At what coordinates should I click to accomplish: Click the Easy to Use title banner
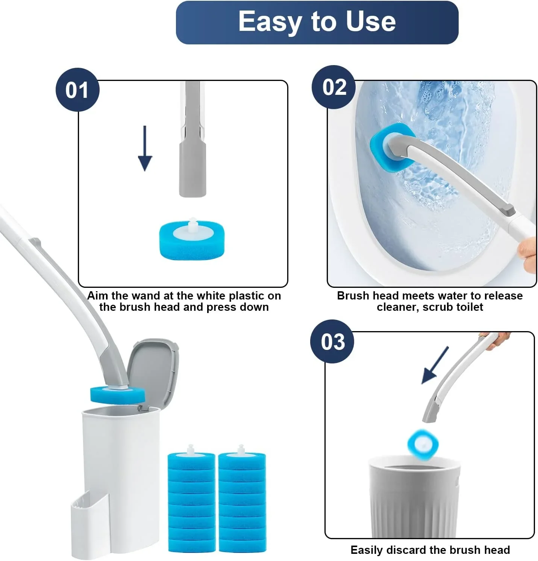coord(317,22)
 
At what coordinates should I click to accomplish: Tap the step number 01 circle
coord(77,90)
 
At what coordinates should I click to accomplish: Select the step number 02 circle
coord(333,87)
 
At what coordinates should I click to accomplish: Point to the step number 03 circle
coord(332,342)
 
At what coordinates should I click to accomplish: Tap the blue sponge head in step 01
coord(192,241)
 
